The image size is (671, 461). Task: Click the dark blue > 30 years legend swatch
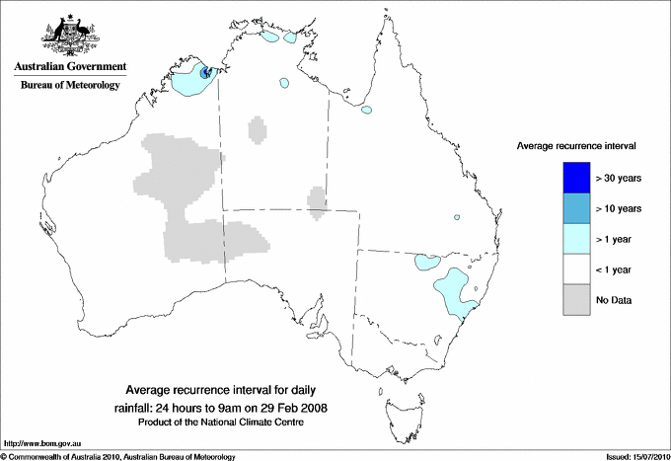point(575,178)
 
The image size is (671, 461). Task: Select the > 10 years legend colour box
point(575,208)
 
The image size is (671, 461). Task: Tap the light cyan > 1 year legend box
point(575,239)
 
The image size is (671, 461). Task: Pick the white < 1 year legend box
point(575,269)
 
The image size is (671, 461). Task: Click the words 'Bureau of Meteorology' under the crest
point(70,86)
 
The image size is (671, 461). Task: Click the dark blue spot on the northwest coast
point(205,73)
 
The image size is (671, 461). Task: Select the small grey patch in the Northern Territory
point(258,129)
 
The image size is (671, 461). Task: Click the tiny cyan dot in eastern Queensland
point(457,217)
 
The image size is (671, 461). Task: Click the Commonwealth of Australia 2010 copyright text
point(118,456)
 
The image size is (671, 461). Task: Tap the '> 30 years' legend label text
point(620,178)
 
